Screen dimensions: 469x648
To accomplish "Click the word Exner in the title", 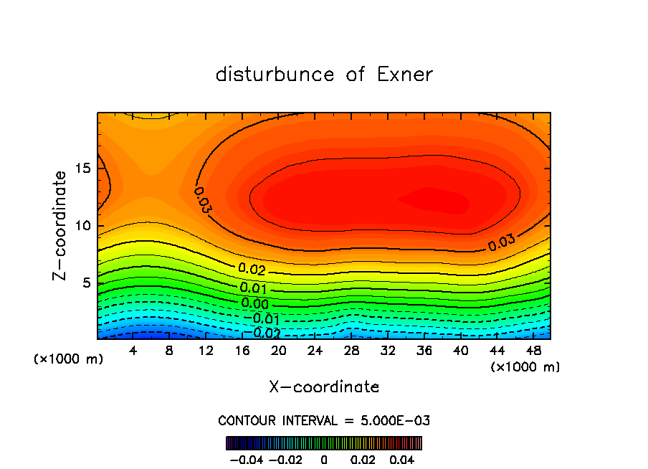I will pos(405,75).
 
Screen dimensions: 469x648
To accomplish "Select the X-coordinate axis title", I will pos(324,387).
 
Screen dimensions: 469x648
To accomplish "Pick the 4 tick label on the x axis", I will pos(133,351).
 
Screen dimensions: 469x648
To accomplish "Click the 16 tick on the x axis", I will pos(242,351).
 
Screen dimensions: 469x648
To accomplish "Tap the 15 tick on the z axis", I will pos(82,169).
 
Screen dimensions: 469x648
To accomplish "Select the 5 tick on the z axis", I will pos(85,283).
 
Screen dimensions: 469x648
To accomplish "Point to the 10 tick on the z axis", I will pos(82,226).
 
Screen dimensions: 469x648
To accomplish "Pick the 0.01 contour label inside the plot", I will pos(254,288).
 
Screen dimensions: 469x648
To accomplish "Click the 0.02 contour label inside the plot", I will pos(252,270).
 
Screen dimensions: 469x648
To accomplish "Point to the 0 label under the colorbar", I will pos(324,459).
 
